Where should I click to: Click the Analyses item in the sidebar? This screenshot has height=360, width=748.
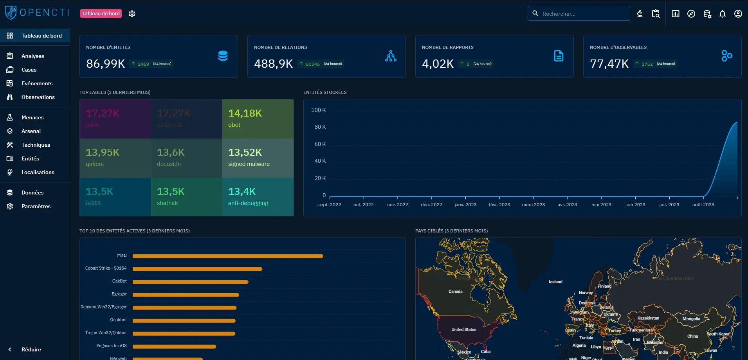pyautogui.click(x=32, y=56)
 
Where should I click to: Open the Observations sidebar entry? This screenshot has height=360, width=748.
pyautogui.click(x=38, y=97)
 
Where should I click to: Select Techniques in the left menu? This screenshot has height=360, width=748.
pyautogui.click(x=36, y=145)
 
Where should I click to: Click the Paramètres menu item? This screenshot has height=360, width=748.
pyautogui.click(x=36, y=206)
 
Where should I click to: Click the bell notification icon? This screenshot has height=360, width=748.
pyautogui.click(x=723, y=14)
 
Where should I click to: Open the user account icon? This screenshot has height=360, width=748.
pyautogui.click(x=738, y=14)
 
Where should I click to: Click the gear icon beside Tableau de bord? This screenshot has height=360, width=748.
pyautogui.click(x=132, y=14)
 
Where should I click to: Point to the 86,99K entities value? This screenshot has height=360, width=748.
pyautogui.click(x=105, y=63)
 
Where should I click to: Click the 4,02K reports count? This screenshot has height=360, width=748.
pyautogui.click(x=438, y=63)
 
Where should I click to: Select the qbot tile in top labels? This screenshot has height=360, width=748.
pyautogui.click(x=258, y=119)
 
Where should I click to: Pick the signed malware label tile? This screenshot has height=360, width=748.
pyautogui.click(x=258, y=158)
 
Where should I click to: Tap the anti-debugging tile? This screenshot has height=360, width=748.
pyautogui.click(x=258, y=197)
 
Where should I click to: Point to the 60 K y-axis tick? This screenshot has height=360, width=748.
pyautogui.click(x=320, y=144)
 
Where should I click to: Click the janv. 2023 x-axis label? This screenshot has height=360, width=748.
pyautogui.click(x=465, y=205)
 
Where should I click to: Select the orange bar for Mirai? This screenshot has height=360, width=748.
pyautogui.click(x=228, y=256)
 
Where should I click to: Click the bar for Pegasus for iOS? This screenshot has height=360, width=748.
pyautogui.click(x=174, y=346)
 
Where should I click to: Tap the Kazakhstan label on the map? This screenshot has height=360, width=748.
pyautogui.click(x=648, y=318)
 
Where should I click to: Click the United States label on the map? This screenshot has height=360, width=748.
pyautogui.click(x=464, y=329)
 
